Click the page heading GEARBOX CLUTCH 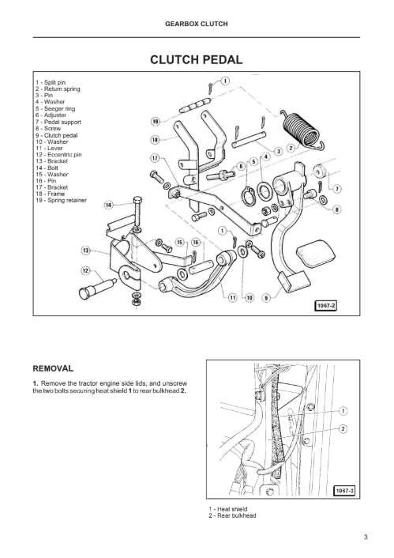tap(197, 25)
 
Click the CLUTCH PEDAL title tap(197, 59)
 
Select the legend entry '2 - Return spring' tap(58, 89)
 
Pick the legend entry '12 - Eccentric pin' tap(58, 154)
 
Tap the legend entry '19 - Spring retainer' tap(61, 200)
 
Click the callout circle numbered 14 tap(108, 205)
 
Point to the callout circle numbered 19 tap(156, 122)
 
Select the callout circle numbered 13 tap(86, 251)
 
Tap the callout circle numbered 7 tap(336, 189)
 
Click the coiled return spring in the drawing tap(302, 130)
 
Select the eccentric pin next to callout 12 tap(96, 288)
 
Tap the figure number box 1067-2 tap(325, 306)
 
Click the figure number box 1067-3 tap(344, 491)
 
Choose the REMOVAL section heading tap(53, 368)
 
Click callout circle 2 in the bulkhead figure tap(343, 429)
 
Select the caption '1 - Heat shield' tap(228, 509)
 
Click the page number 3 tap(366, 537)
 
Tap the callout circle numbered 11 tap(232, 297)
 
